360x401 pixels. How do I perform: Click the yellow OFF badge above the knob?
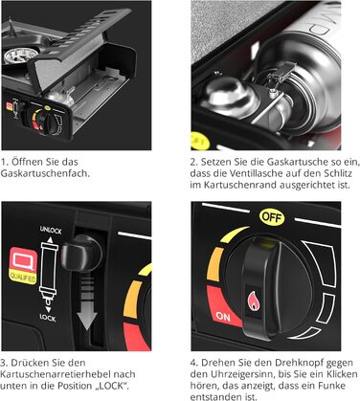coord(272,217)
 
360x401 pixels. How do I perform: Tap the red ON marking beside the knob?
coord(223,316)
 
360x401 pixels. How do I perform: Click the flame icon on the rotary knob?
coord(254,301)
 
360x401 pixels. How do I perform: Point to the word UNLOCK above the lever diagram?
coord(51,230)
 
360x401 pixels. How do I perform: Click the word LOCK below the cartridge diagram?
coord(48,318)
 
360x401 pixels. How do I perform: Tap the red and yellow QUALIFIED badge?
coord(23,265)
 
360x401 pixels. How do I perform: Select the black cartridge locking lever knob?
coord(81,253)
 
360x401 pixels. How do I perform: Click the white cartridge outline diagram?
coord(49,272)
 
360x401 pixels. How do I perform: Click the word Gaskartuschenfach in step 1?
coord(45,173)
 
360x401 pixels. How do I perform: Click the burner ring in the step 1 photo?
coord(20,55)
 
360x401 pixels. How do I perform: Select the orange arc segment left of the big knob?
coord(214,264)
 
